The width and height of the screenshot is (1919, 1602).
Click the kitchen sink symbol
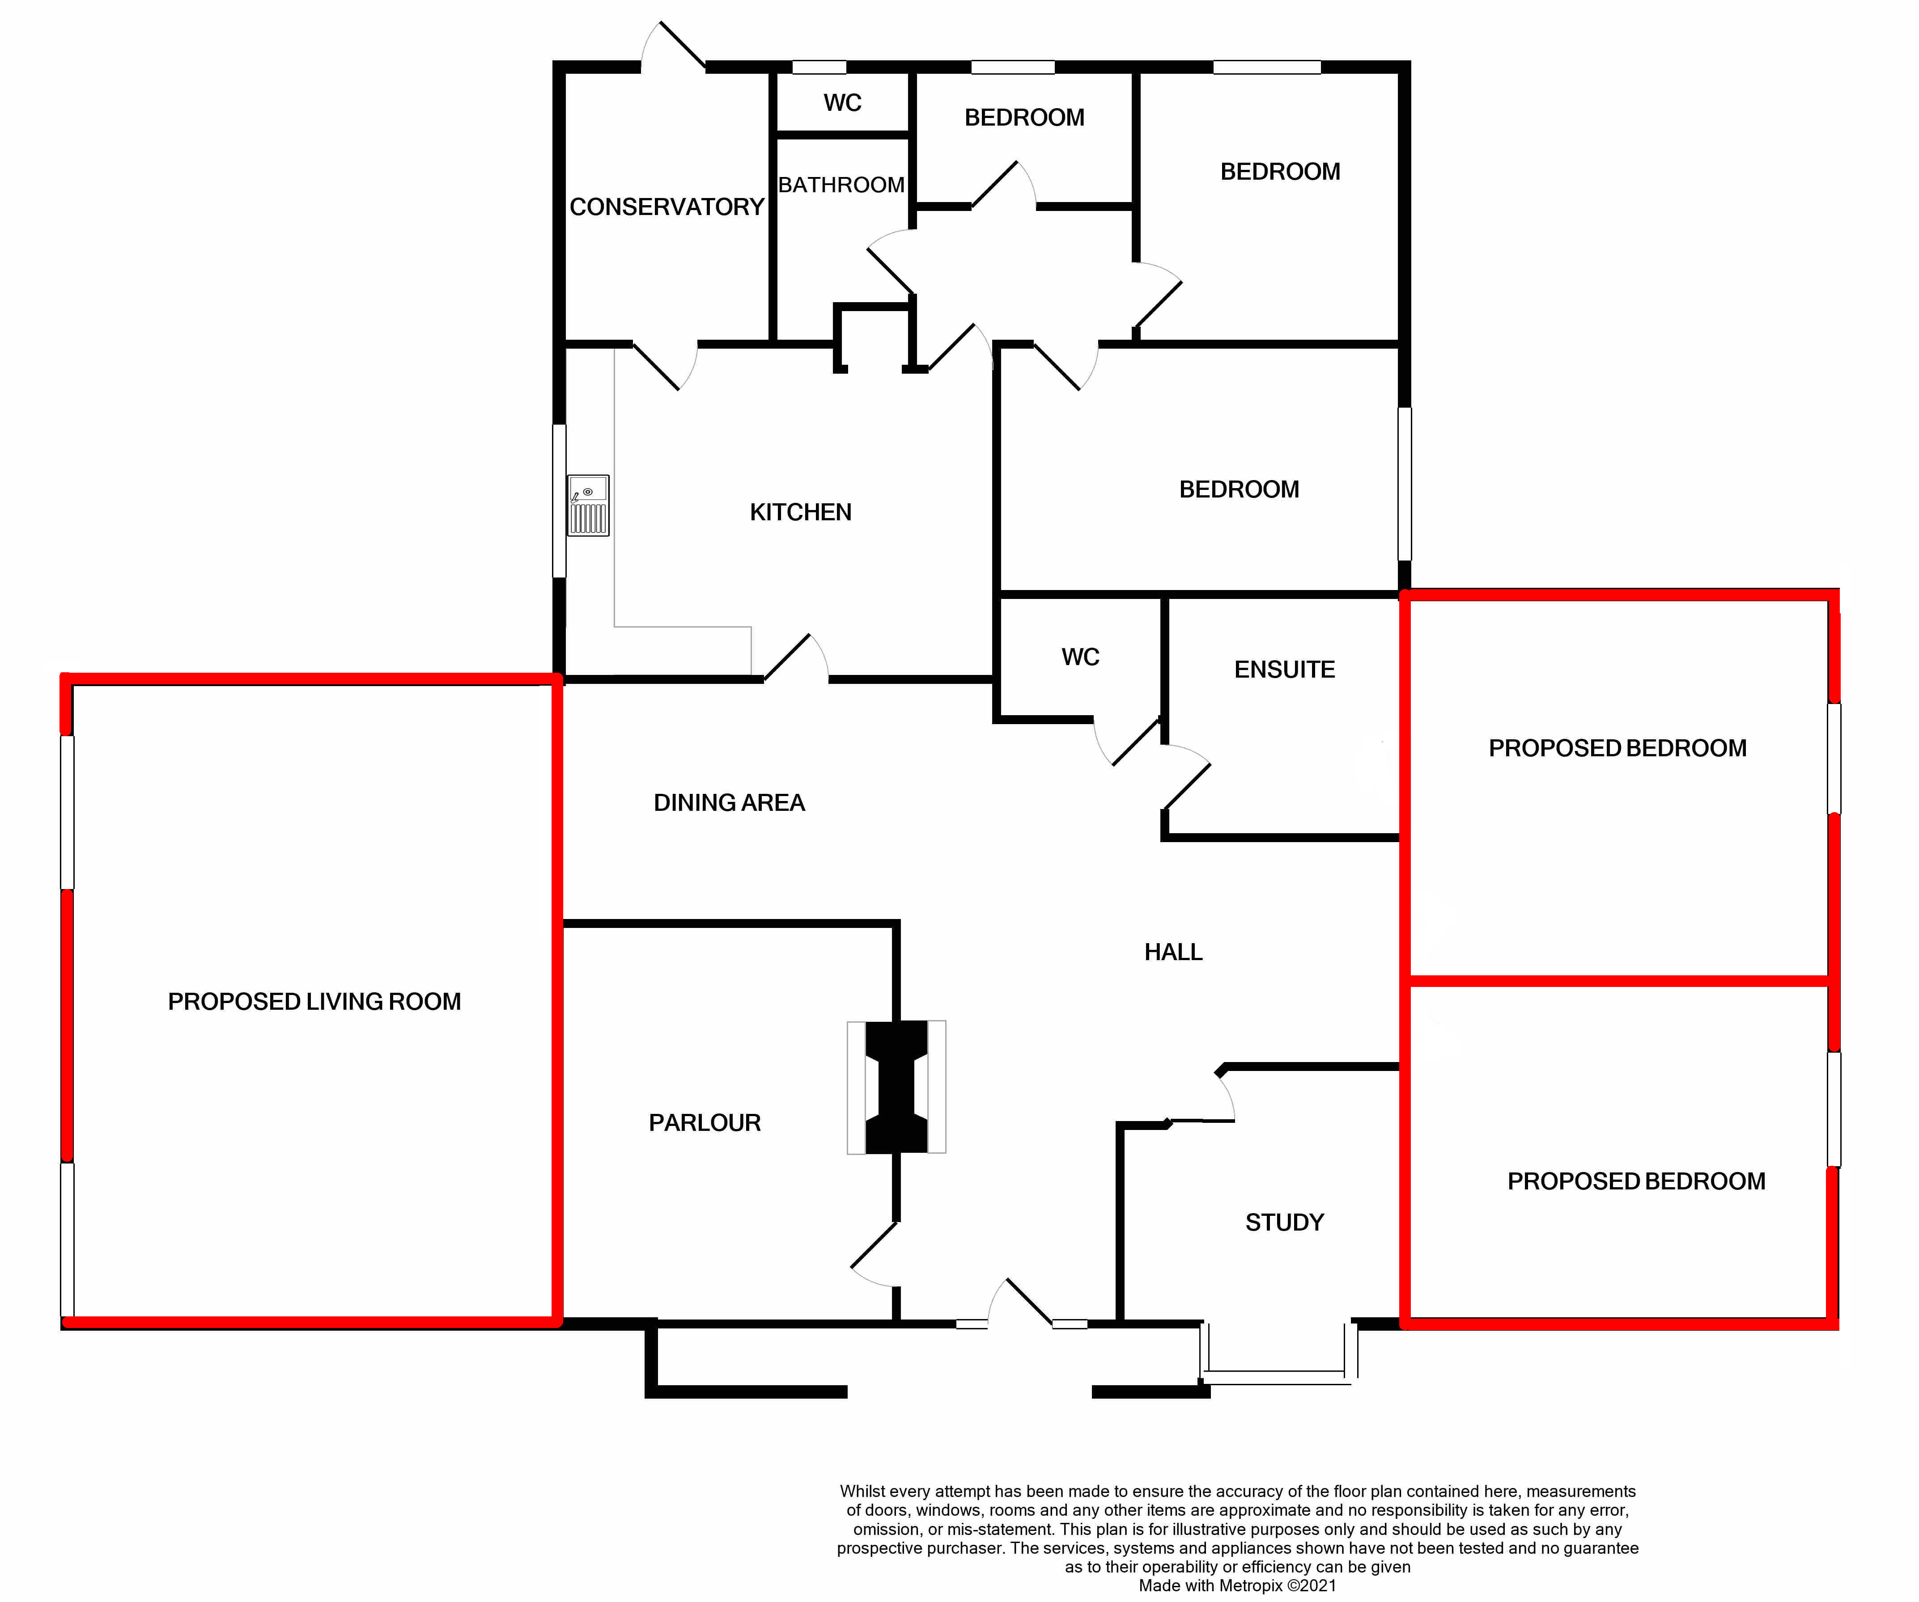[x=588, y=505]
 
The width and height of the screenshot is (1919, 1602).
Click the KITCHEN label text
[x=801, y=512]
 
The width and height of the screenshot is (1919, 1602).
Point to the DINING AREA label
[x=729, y=803]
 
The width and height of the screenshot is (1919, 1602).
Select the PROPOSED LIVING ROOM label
[x=314, y=1002]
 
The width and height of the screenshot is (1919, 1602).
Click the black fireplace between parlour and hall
[x=896, y=1087]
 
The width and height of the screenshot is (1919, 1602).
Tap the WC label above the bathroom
[x=843, y=102]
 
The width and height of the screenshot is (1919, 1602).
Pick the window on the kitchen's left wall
[x=559, y=501]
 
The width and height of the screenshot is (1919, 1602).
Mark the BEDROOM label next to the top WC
[x=1024, y=118]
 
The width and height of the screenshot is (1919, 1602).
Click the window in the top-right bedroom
[x=1266, y=67]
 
